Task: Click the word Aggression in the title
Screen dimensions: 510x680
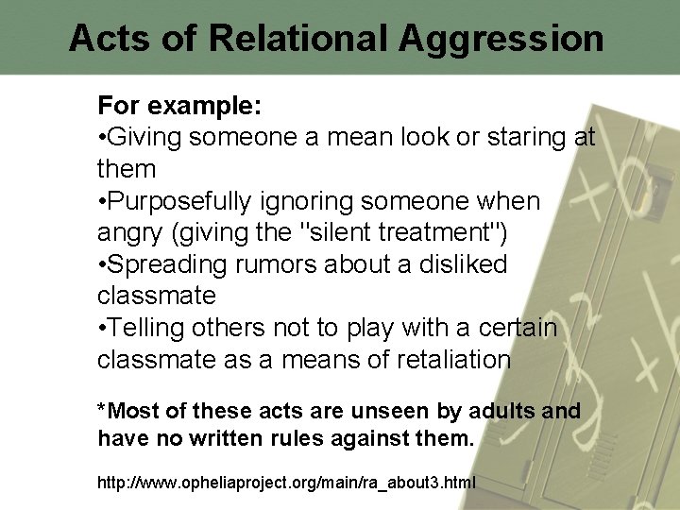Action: [x=501, y=38]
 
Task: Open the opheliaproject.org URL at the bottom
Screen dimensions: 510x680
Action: [x=286, y=483]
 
